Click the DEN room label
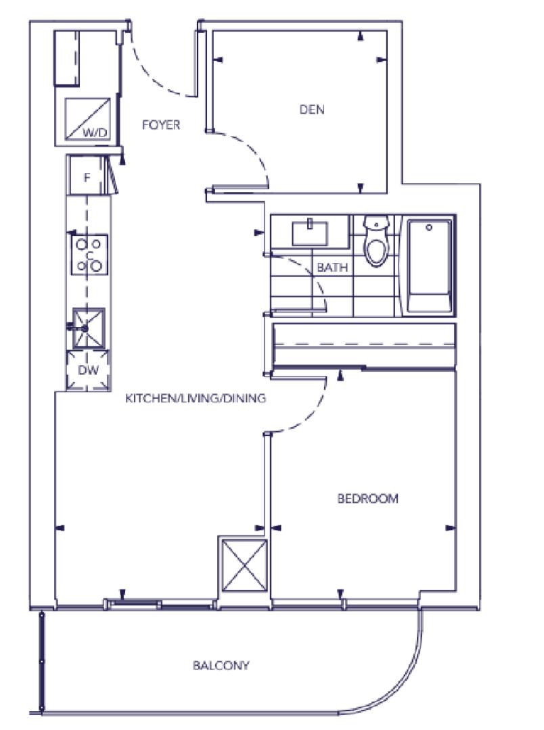312,109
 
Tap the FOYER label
161,125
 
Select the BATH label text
332,267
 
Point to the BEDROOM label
368,499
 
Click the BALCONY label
221,665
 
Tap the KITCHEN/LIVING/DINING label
196,398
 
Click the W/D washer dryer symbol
88,119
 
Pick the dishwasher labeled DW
88,370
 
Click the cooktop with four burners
89,255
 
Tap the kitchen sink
88,328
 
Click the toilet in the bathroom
377,241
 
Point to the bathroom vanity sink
309,233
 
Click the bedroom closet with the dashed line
363,345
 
